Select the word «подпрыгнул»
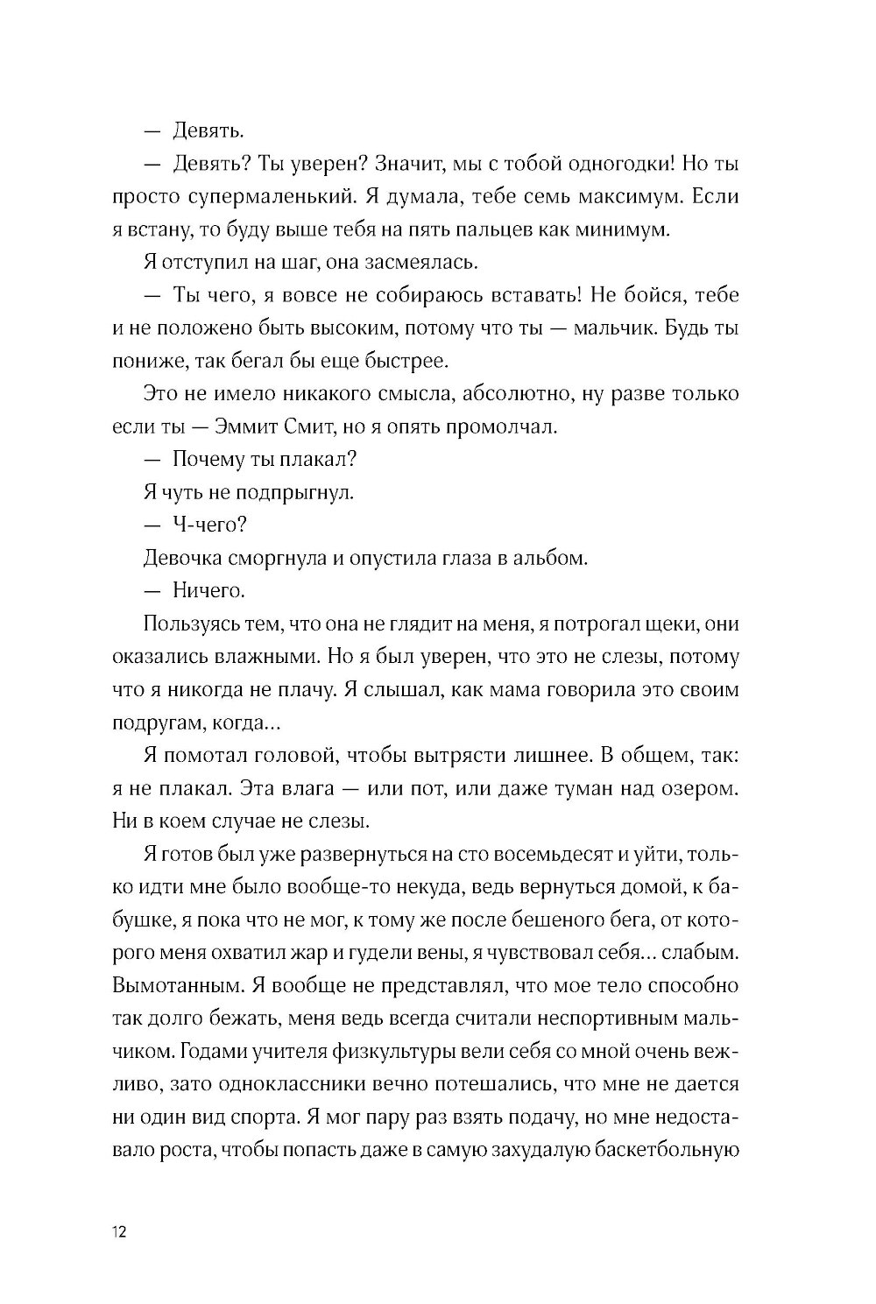tap(293, 491)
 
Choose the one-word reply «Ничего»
tap(208, 590)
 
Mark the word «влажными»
tap(255, 656)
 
